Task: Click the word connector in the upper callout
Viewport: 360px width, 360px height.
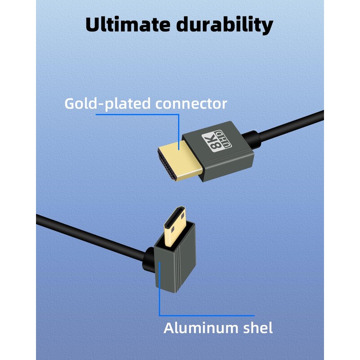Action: pyautogui.click(x=191, y=104)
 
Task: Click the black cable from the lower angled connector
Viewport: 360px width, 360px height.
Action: pyautogui.click(x=90, y=233)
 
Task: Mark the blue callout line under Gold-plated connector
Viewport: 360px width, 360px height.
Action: pyautogui.click(x=135, y=114)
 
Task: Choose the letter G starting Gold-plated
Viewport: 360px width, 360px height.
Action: pyautogui.click(x=70, y=103)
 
